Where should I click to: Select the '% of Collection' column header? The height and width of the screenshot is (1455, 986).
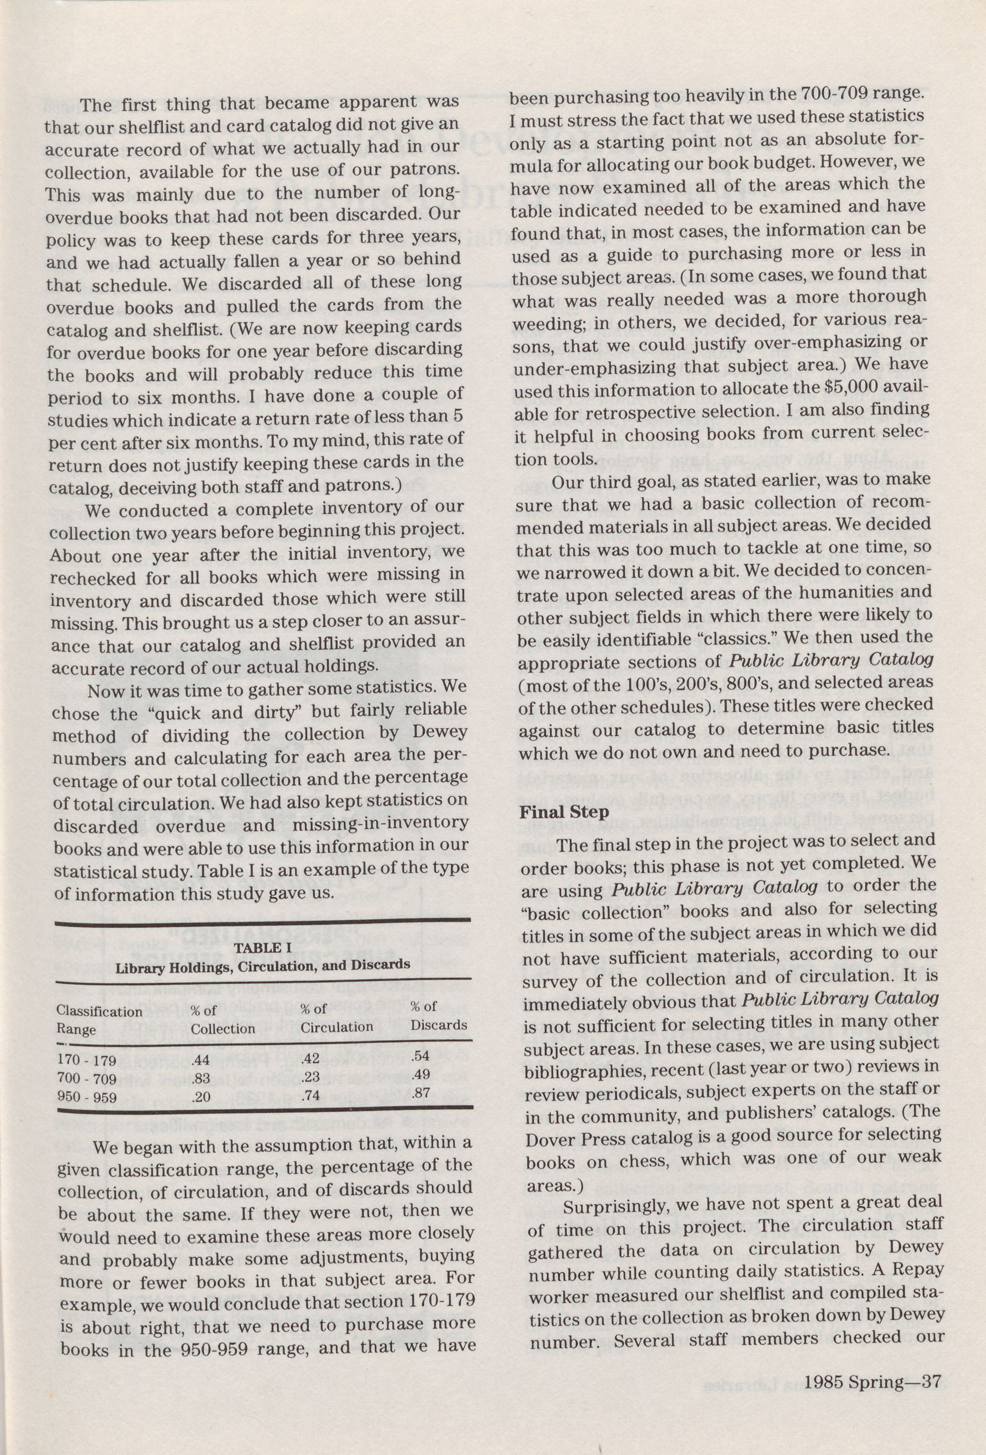point(222,1018)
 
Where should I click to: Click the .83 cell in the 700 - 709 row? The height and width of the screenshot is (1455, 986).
point(201,1078)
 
